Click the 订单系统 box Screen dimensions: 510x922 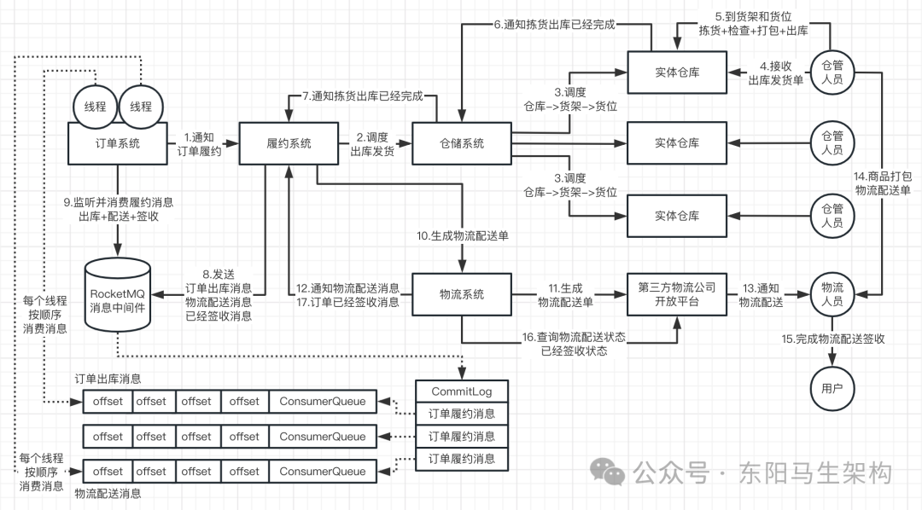(x=118, y=143)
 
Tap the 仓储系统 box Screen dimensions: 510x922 (x=461, y=143)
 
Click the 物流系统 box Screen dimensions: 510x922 (x=461, y=294)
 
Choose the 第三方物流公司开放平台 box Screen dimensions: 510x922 (x=676, y=294)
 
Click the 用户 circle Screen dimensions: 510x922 (x=832, y=389)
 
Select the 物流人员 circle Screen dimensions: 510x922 (x=832, y=293)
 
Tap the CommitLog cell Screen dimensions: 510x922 (x=461, y=391)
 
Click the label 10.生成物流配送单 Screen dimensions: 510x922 (x=463, y=236)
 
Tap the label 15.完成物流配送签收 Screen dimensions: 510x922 (x=832, y=339)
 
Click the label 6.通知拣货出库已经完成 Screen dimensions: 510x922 (x=554, y=24)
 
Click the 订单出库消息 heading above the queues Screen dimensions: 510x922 (x=108, y=379)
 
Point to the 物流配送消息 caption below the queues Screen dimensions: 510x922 (x=108, y=493)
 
